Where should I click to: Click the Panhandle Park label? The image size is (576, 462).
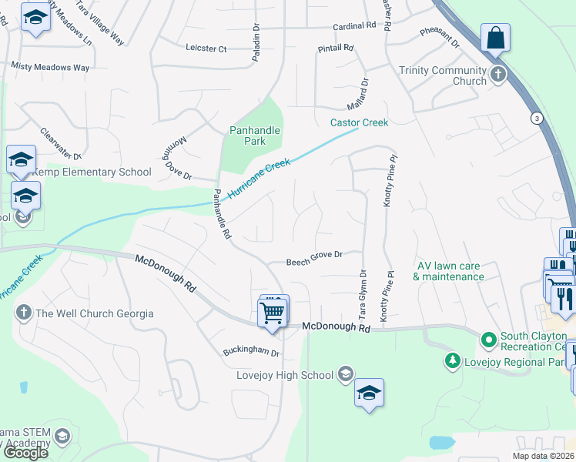pos(255,136)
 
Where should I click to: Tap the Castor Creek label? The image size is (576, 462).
pos(359,122)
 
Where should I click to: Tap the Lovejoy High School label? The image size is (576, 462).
pos(285,375)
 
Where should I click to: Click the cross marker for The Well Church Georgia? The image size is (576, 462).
pos(23,313)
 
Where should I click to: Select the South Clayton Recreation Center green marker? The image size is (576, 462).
pos(487,339)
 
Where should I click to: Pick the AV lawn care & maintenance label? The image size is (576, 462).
pos(450,271)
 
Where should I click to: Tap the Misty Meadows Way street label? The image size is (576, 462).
pos(50,68)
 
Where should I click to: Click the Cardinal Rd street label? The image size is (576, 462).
pos(354,26)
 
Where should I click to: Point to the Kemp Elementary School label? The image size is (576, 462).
pos(91,172)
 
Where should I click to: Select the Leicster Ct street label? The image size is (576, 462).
pos(206,49)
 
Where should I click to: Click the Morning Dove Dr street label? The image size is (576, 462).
pos(176,161)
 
